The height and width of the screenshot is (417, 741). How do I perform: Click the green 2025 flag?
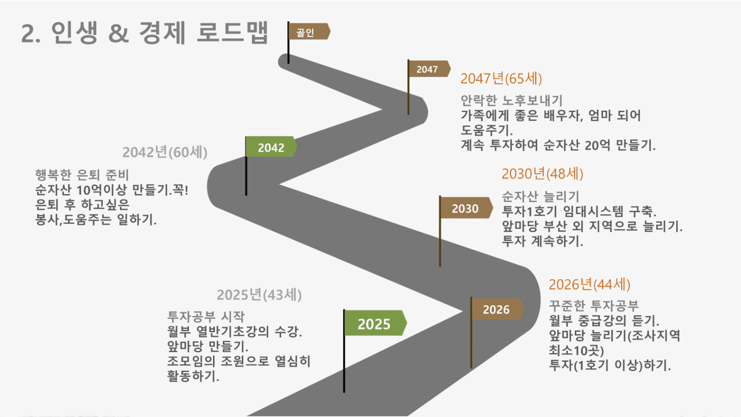pyautogui.click(x=376, y=323)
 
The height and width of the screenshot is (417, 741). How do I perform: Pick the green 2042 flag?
pyautogui.click(x=271, y=147)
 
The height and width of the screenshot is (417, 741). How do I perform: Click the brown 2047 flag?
pyautogui.click(x=429, y=69)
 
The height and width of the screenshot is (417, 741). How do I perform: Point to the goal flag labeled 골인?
pyautogui.click(x=309, y=31)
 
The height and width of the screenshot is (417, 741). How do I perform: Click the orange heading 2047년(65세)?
pyautogui.click(x=501, y=79)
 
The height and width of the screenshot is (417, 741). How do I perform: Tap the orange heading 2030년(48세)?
pyautogui.click(x=543, y=174)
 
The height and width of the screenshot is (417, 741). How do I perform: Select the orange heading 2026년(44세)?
pyautogui.click(x=589, y=284)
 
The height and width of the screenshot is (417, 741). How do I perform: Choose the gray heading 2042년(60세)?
pyautogui.click(x=165, y=152)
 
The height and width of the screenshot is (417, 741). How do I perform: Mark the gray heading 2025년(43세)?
pyautogui.click(x=259, y=295)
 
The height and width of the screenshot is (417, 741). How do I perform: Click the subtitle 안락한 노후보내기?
pyautogui.click(x=511, y=100)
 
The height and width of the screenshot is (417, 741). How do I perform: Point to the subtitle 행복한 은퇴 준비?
pyautogui.click(x=82, y=175)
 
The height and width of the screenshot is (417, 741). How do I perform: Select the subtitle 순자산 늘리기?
pyautogui.click(x=541, y=197)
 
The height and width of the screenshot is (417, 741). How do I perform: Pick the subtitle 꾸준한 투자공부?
pyautogui.click(x=594, y=305)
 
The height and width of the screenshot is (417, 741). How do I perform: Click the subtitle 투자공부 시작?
pyautogui.click(x=206, y=317)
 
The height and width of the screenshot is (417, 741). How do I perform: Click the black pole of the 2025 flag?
pyautogui.click(x=344, y=351)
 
